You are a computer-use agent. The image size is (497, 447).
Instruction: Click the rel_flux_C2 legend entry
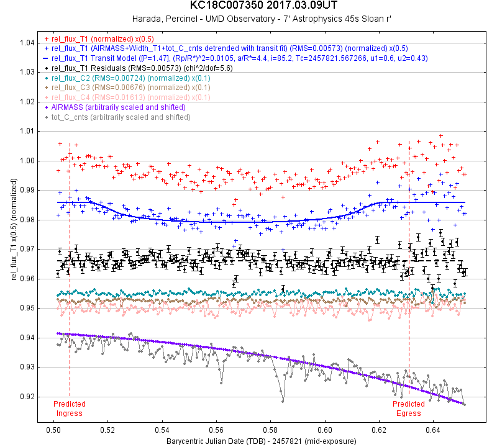click(119, 78)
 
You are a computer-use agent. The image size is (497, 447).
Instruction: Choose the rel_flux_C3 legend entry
click(119, 88)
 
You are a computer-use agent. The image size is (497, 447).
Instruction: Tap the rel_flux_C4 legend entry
click(119, 97)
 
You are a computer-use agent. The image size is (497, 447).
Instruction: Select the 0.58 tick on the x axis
click(271, 429)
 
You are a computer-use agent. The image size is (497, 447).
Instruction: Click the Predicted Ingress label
click(70, 409)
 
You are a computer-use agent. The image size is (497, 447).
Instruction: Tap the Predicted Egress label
click(408, 409)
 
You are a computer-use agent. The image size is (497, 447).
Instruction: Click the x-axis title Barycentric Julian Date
click(261, 441)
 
